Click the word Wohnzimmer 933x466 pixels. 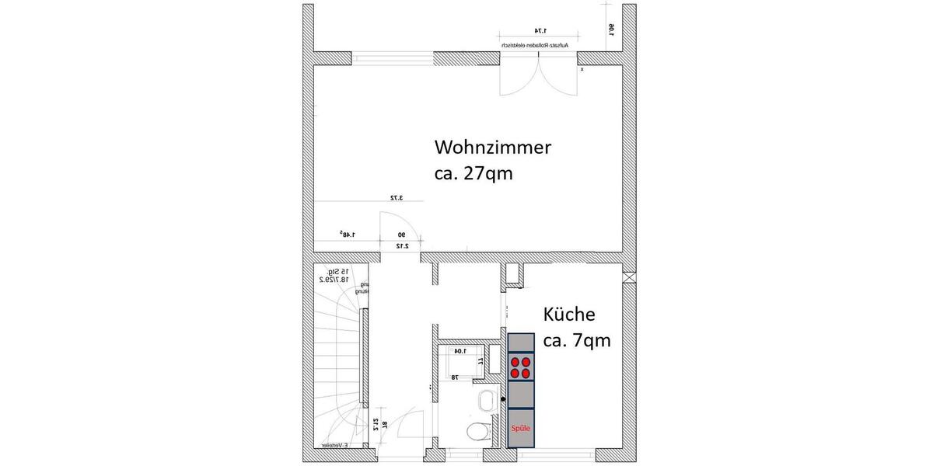[493, 147]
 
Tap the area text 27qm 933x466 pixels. [487, 172]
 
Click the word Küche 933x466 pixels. [569, 315]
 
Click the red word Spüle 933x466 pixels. [521, 428]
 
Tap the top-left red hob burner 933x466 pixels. [515, 362]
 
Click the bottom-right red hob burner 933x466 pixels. [527, 374]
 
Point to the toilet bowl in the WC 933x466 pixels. [477, 432]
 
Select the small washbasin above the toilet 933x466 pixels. [487, 401]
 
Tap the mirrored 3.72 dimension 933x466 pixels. [397, 198]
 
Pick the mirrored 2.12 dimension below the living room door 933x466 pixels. [402, 245]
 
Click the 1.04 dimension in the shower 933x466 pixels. [460, 351]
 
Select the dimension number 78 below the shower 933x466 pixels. [454, 377]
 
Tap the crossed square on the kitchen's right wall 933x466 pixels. [629, 276]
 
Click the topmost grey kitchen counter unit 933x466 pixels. [521, 343]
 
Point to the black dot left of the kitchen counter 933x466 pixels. [503, 399]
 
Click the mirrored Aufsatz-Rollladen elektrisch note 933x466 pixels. [536, 46]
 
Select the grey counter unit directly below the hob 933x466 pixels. [521, 395]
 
